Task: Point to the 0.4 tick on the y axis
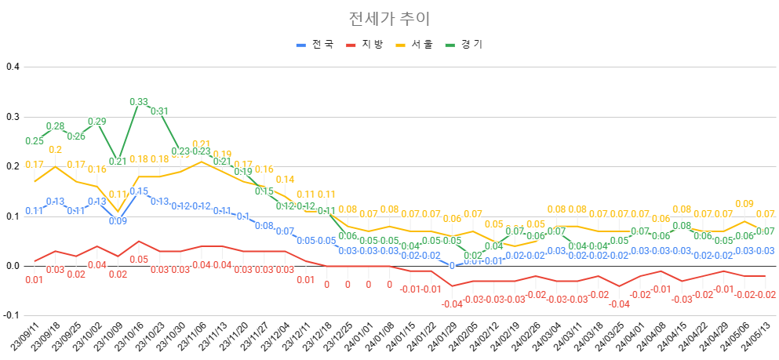[x=12, y=67]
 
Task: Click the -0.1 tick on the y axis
[x=10, y=315]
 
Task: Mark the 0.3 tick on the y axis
[x=12, y=117]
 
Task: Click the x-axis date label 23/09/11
[x=24, y=339]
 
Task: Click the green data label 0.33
[x=138, y=102]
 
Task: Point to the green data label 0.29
[x=96, y=122]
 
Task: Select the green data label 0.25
[x=34, y=141]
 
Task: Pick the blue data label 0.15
[x=139, y=191]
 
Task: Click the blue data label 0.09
[x=117, y=221]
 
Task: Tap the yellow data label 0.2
[x=56, y=151]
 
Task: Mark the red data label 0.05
[x=138, y=260]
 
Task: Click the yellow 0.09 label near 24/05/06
[x=744, y=204]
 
